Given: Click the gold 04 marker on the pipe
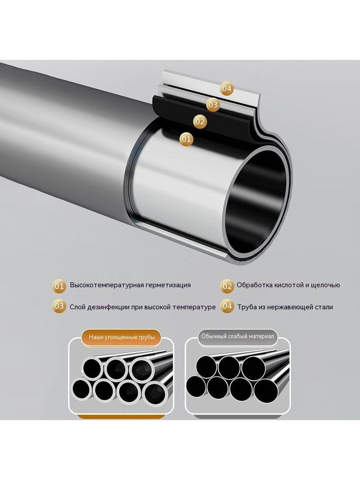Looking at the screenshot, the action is tap(226, 89).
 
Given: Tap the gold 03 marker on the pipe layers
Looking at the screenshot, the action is tap(213, 105).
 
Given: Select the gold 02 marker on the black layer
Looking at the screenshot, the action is tap(200, 122).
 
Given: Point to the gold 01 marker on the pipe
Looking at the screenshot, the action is tap(186, 139).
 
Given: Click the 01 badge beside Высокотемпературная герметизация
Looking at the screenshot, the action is tap(59, 286).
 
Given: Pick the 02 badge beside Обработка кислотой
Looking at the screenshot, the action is tap(227, 286).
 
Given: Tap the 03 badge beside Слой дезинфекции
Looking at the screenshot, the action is tap(59, 306).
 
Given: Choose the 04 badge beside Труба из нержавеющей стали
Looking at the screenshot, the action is tap(227, 306).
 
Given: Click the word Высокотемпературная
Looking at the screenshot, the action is tap(107, 285).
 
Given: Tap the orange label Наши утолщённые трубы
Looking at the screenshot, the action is tap(122, 337).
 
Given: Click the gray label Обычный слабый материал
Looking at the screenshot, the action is tap(237, 336).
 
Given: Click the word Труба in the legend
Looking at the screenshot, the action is tap(247, 307).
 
